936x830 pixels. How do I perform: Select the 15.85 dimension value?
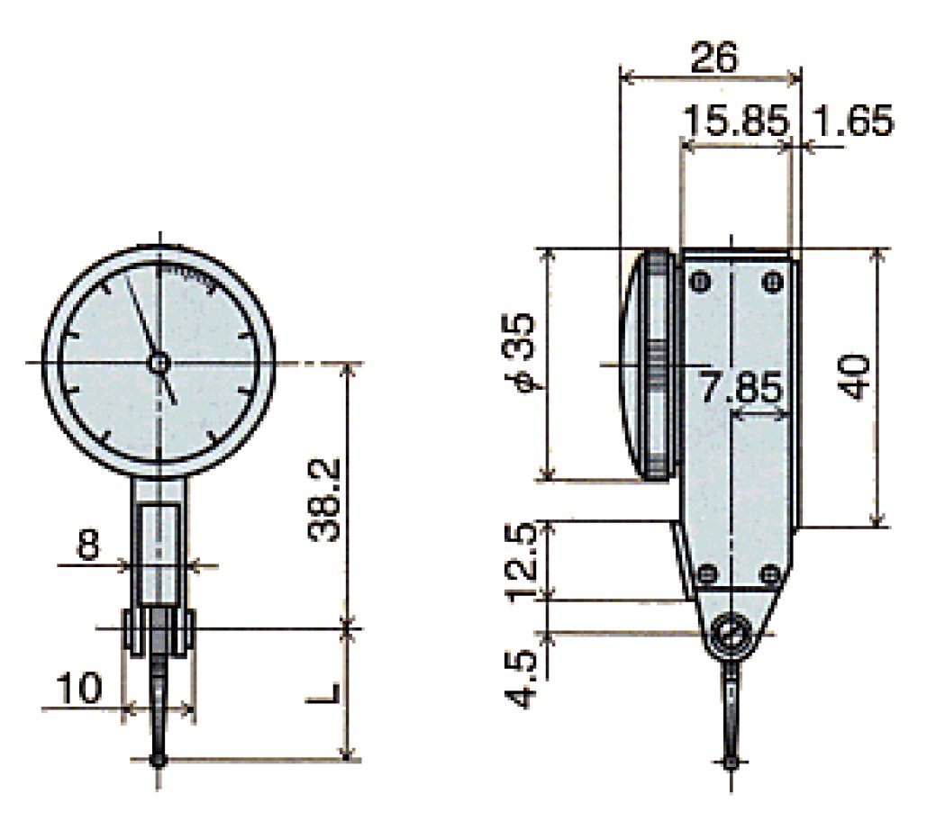[x=734, y=121]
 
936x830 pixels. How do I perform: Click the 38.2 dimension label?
[x=323, y=499]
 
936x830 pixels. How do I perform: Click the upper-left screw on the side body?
[x=699, y=283]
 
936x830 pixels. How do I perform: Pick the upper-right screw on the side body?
[x=771, y=283]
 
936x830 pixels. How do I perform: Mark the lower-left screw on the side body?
[x=705, y=573]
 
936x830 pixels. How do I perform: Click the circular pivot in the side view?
[x=732, y=634]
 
